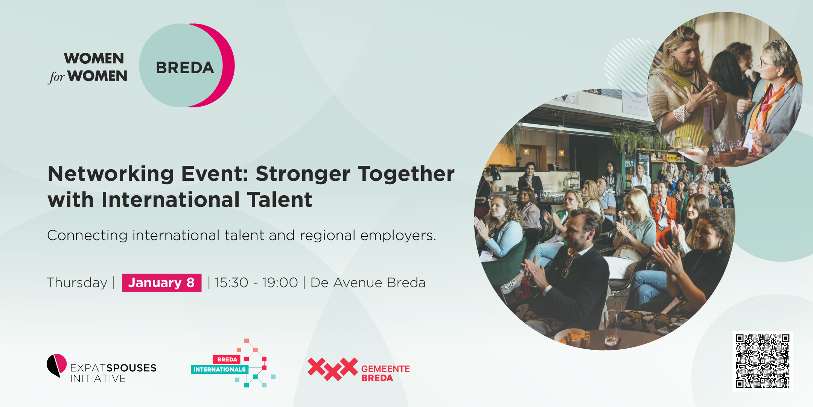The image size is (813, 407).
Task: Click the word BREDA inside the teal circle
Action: pos(185,68)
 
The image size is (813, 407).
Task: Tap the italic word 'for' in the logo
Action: pos(56,77)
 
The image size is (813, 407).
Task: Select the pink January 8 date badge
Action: pos(162,283)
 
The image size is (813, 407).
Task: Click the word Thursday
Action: pos(77,283)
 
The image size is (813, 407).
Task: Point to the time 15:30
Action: pos(231,283)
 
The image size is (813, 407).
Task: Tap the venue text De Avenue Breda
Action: pos(368,283)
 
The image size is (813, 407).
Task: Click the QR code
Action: pos(763,361)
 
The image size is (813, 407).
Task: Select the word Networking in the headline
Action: pos(111,174)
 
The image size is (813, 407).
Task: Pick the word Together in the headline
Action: pos(406,174)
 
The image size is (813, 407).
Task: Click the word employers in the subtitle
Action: pos(398,236)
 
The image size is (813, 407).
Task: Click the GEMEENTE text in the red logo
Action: pos(385,369)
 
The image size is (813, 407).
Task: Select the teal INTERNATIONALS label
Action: pos(219,369)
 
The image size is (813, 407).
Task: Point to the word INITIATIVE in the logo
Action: pos(98,378)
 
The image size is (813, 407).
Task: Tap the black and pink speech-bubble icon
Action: pos(56,365)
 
